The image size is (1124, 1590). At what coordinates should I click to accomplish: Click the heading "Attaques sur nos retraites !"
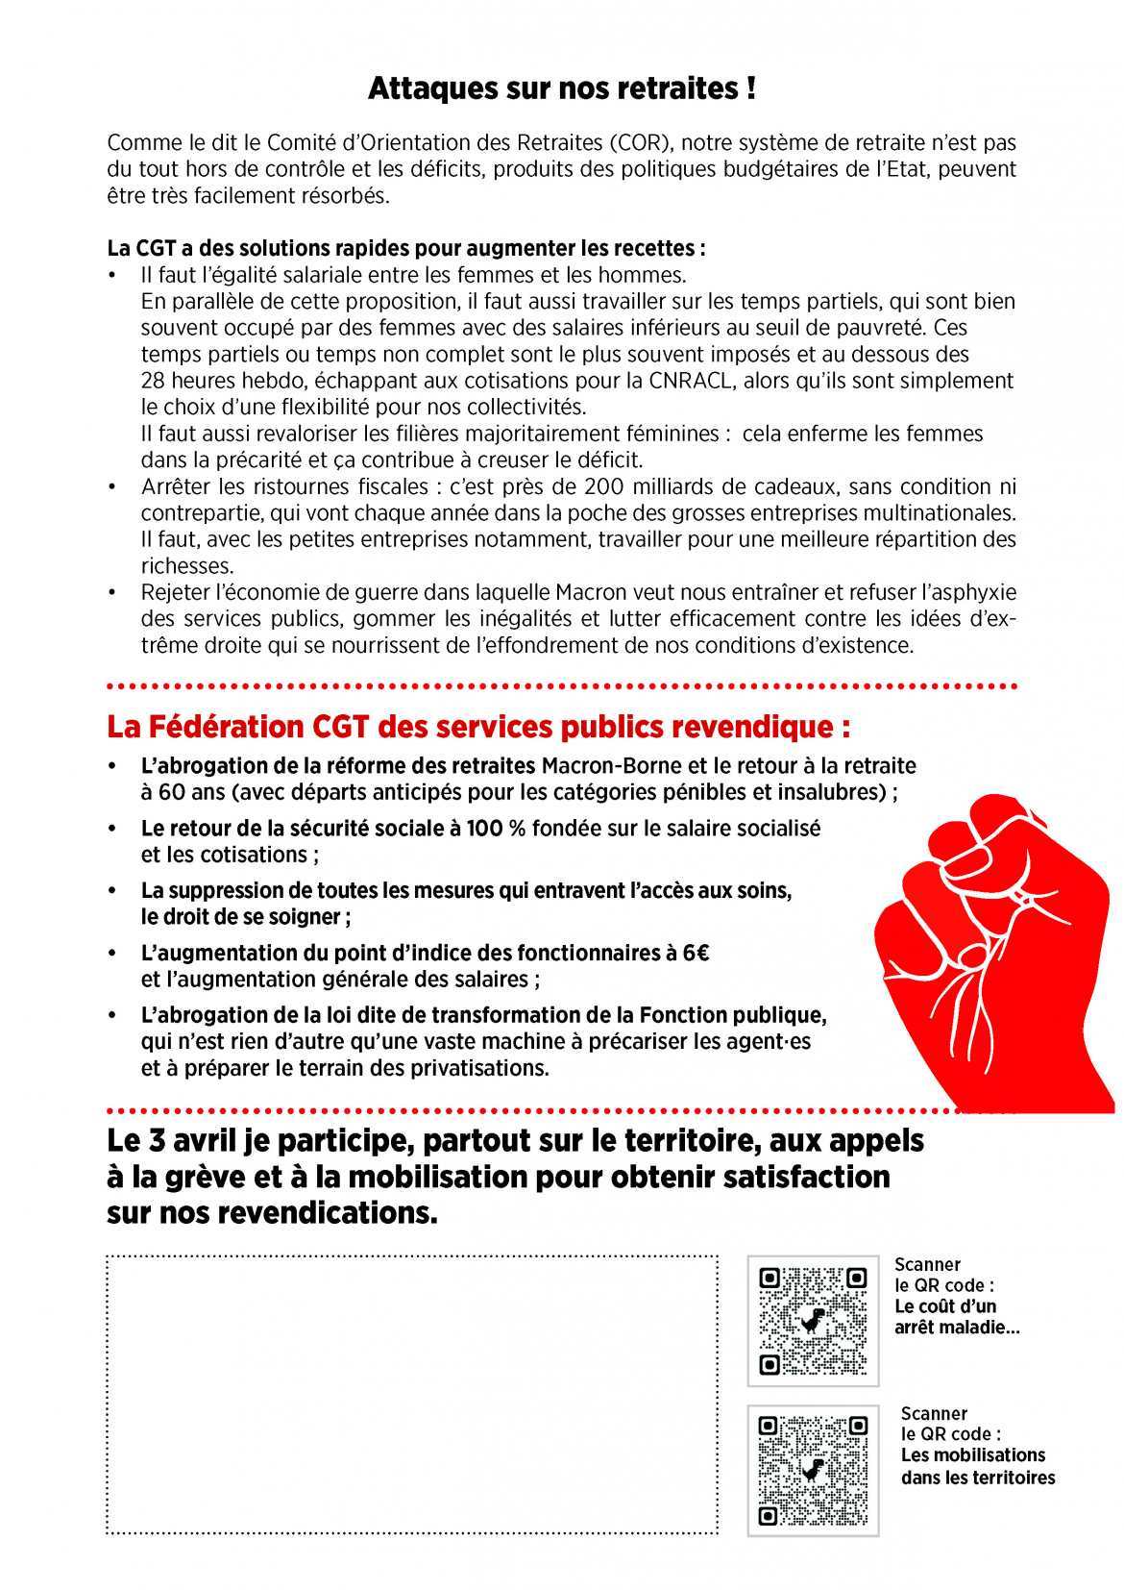coord(561,89)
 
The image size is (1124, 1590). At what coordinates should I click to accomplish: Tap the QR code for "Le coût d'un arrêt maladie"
coord(813,1321)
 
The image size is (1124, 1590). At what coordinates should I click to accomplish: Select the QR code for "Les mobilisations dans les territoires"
coord(813,1470)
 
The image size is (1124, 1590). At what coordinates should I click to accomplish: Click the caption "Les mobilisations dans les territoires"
coord(978,1466)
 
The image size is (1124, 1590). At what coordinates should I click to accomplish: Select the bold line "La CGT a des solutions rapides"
coord(406,248)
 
